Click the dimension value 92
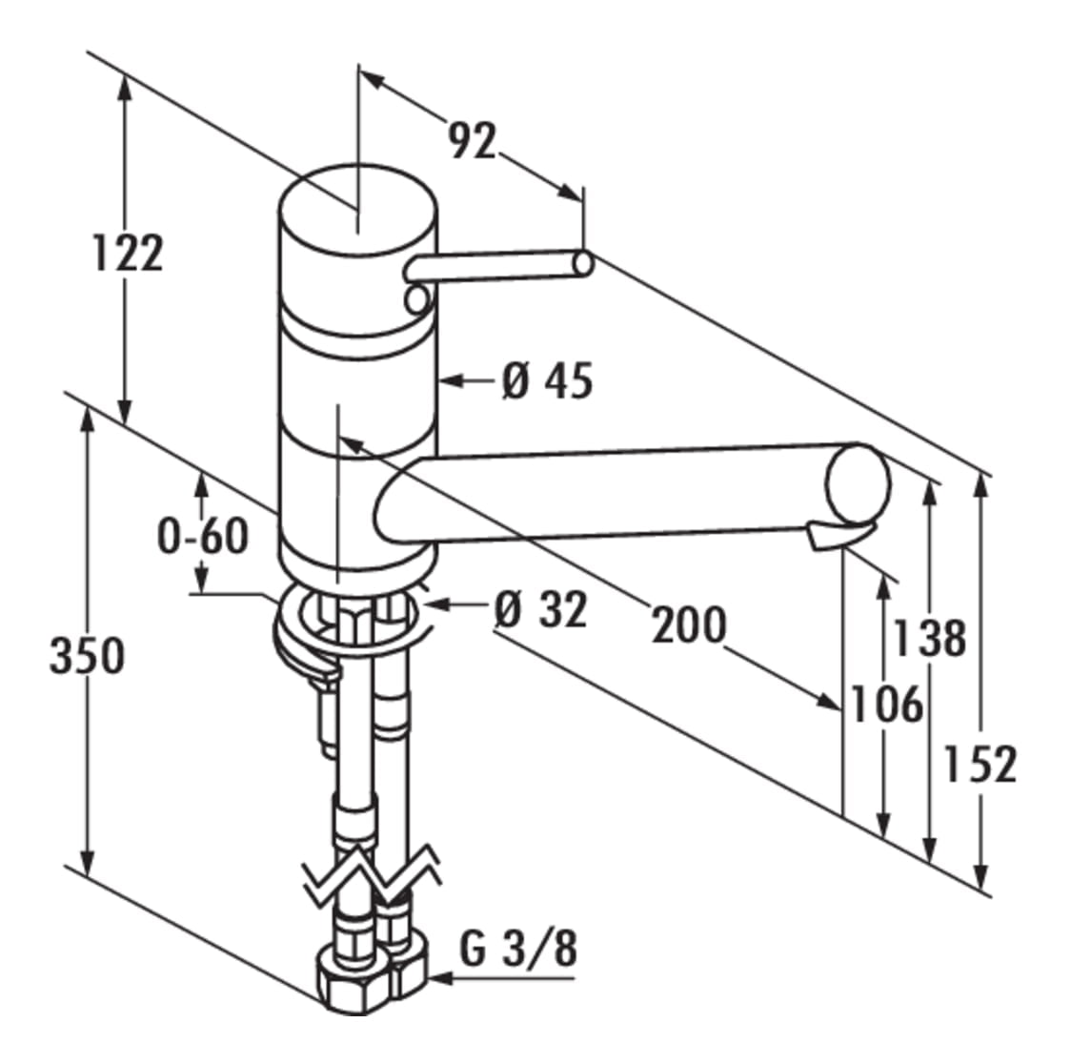coord(473,142)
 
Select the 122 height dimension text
coord(128,253)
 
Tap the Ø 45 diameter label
coord(547,381)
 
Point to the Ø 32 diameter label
coord(540,609)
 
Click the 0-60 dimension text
coord(202,536)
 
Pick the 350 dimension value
coord(87,656)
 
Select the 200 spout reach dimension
coord(688,625)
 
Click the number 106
coord(886,705)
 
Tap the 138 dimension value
coord(928,637)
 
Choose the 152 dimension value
coord(980,763)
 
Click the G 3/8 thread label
coord(518,949)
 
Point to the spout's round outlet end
coord(859,484)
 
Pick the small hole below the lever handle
coord(416,301)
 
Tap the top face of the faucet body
coord(357,202)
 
